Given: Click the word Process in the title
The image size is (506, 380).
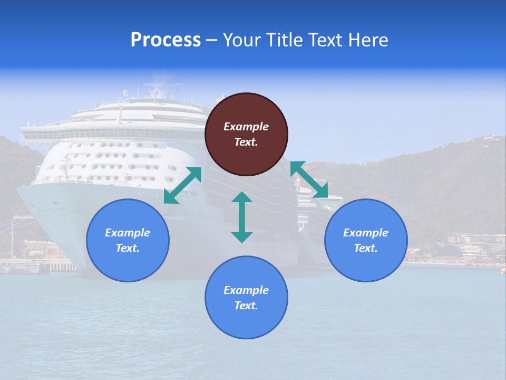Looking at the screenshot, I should click(166, 40).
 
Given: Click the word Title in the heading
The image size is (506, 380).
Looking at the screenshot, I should click(285, 40).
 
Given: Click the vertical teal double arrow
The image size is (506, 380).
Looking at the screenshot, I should click(242, 217).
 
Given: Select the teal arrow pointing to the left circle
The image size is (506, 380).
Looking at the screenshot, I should click(182, 185).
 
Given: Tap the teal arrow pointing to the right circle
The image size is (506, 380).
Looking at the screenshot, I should click(309, 179).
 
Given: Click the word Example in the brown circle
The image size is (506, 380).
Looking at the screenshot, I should click(246, 127).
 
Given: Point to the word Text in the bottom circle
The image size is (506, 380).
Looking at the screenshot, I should click(246, 306).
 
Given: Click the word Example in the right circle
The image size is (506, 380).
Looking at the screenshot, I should click(366, 233).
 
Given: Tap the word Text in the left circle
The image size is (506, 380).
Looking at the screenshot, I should click(128, 248).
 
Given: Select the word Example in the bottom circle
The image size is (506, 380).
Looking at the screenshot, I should click(246, 290).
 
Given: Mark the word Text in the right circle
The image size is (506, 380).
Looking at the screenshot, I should click(366, 248).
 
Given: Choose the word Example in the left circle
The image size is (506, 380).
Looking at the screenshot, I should click(128, 233).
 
